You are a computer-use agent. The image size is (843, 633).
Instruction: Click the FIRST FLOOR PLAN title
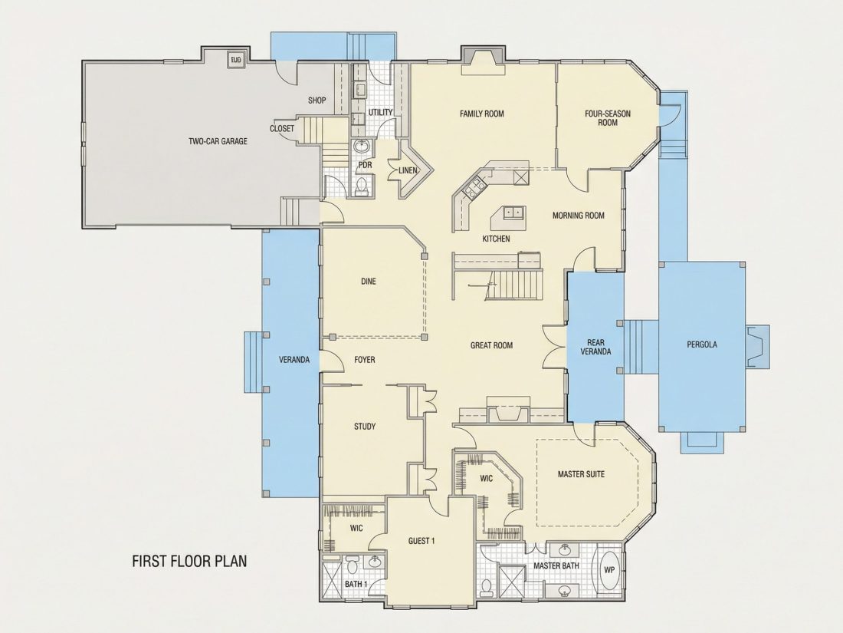(x=189, y=561)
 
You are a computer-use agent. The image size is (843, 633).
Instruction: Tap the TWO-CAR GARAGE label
(x=218, y=142)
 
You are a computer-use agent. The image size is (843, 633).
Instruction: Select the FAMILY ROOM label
(x=482, y=114)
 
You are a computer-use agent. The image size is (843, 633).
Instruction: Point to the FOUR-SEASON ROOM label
(x=608, y=118)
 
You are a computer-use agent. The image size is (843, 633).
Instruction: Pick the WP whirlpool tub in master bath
(x=608, y=570)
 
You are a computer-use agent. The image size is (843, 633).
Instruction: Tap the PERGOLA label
(x=701, y=345)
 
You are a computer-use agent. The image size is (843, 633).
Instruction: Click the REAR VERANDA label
(x=595, y=347)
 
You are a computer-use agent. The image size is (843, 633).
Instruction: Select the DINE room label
(x=369, y=281)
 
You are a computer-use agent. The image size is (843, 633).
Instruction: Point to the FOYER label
(x=365, y=360)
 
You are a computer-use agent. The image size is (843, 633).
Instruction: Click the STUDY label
(x=365, y=427)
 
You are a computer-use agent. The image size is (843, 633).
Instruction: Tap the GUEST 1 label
(x=421, y=541)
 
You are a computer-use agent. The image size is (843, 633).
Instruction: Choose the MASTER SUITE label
(x=581, y=474)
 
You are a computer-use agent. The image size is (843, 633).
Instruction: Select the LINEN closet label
(x=408, y=170)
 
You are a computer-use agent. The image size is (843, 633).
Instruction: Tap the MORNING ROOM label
(x=579, y=216)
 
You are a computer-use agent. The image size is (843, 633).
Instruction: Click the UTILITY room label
(x=381, y=112)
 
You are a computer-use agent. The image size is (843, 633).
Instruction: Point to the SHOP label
(x=317, y=100)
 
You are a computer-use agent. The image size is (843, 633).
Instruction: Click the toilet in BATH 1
(x=353, y=565)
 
